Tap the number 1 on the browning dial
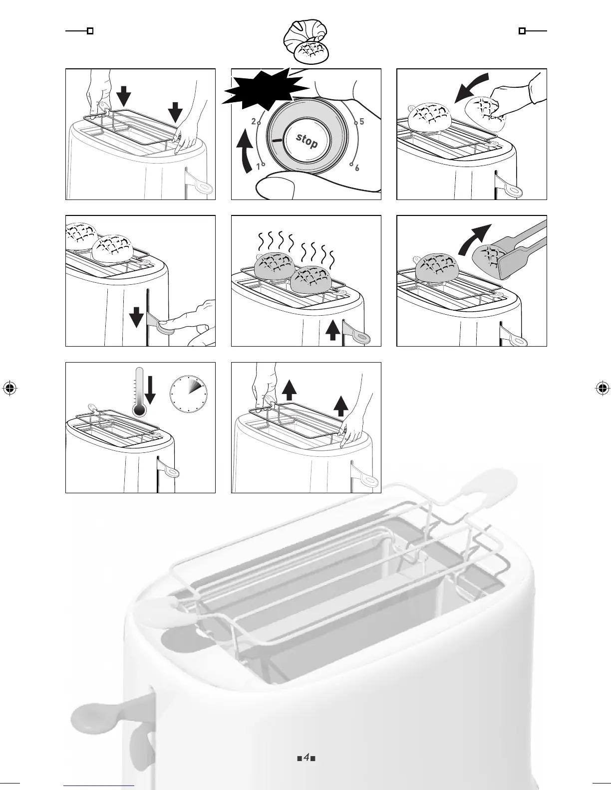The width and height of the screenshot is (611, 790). point(259,167)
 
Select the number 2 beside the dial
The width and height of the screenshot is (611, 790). point(254,121)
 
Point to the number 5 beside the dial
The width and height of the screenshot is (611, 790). point(361,121)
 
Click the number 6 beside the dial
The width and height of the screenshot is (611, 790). point(357,168)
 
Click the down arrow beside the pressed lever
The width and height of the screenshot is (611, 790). point(136,316)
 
